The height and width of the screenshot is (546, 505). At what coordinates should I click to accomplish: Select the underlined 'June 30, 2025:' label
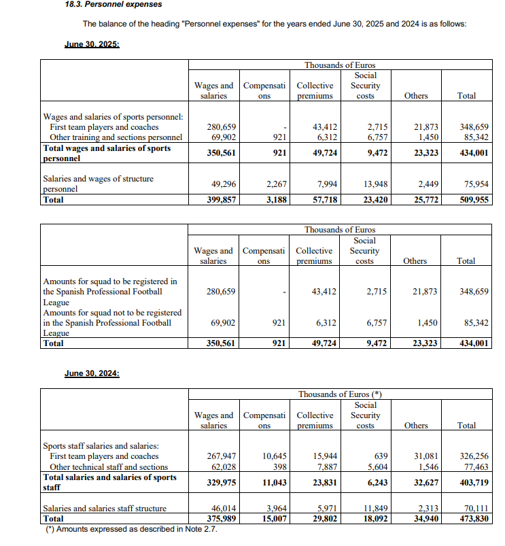tap(92, 44)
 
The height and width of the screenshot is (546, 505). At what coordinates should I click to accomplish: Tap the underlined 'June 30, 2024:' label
tap(92, 373)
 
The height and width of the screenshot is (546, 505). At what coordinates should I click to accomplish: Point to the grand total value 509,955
tap(474, 201)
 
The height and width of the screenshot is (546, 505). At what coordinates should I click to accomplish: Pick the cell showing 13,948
tap(372, 184)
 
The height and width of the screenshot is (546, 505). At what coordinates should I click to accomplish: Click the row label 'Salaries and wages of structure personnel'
tap(98, 184)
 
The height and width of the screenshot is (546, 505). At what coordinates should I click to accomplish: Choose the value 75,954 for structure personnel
tap(475, 184)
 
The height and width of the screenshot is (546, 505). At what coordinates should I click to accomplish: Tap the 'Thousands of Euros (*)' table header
tap(340, 394)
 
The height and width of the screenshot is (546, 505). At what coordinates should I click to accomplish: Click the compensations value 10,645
tap(273, 456)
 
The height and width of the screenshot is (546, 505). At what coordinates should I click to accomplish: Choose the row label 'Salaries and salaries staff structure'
tap(105, 508)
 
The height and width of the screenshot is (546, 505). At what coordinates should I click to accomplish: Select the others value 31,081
tap(425, 456)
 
